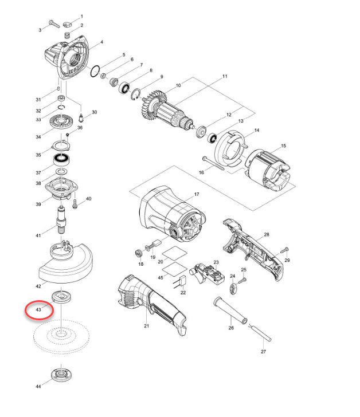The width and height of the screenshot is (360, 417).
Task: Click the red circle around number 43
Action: point(39,310)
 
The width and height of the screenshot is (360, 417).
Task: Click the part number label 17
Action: point(196,195)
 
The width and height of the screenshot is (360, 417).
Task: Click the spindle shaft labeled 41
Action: point(61,220)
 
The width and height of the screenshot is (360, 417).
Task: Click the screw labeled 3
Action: point(50,25)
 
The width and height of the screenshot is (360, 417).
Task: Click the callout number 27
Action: point(264,352)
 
